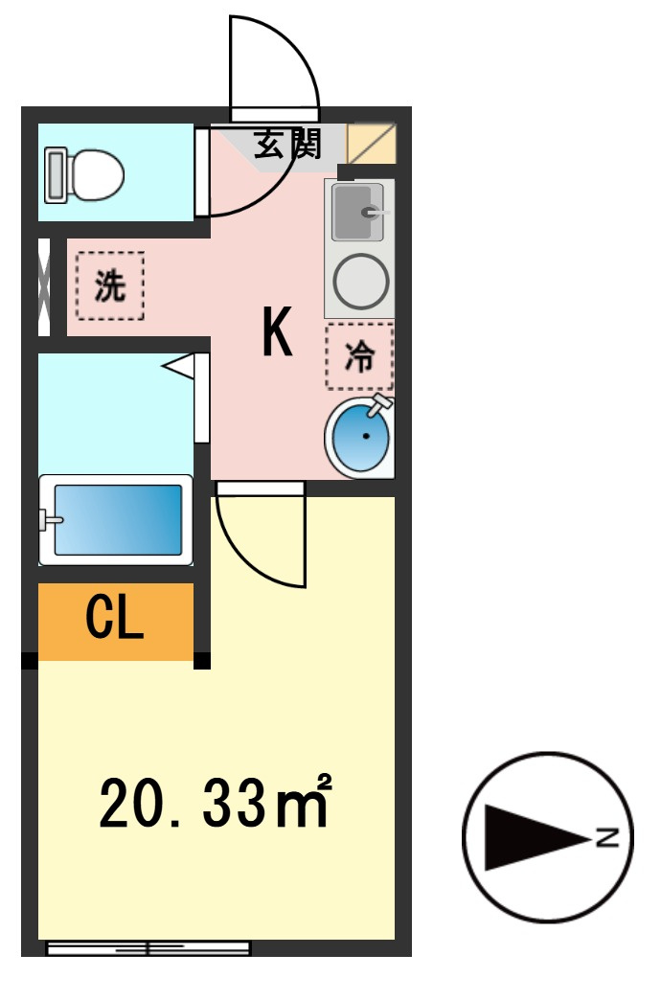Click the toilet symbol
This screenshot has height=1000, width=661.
85,173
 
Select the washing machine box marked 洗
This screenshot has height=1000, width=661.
110,285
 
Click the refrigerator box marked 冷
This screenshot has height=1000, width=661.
359,356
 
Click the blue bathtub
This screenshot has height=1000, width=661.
117,519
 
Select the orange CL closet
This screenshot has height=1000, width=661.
115,621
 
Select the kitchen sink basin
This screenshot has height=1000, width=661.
358,212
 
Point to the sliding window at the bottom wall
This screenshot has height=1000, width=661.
148,948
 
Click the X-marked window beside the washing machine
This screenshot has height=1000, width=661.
43,286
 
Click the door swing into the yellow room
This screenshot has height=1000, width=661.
260,536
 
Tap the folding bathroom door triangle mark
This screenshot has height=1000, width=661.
179,366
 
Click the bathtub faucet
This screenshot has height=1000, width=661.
48,520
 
